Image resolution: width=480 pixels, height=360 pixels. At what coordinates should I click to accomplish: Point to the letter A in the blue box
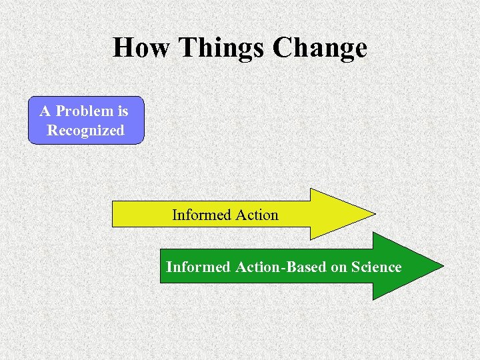[x=45, y=111]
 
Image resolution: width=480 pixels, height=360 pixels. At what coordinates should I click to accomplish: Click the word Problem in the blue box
[x=83, y=111]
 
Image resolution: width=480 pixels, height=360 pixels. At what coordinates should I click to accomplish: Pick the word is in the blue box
[x=121, y=111]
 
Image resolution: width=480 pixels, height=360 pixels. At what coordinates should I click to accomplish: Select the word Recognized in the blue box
[x=85, y=130]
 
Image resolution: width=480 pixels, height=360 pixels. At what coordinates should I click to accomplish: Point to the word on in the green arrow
[x=339, y=267]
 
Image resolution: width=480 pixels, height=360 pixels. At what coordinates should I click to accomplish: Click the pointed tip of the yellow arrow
[x=375, y=214]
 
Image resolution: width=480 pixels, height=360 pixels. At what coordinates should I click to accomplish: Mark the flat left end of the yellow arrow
[x=112, y=214]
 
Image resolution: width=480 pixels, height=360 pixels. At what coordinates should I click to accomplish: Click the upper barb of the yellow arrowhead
[x=311, y=189]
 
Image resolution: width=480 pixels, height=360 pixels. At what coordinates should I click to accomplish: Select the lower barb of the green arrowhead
[x=373, y=299]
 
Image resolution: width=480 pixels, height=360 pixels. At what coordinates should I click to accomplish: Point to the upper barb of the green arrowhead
[x=373, y=233]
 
